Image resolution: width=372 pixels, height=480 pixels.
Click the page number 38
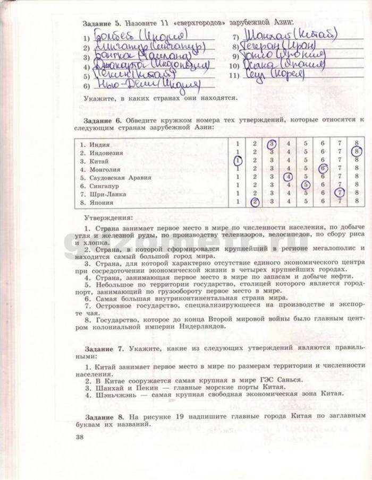(x=80, y=437)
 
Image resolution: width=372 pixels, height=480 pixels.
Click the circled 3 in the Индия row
(x=272, y=144)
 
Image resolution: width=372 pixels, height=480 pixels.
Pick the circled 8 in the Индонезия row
(x=356, y=152)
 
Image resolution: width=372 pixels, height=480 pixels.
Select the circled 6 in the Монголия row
(x=322, y=169)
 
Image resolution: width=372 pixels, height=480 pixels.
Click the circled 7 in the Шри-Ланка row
(x=339, y=193)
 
